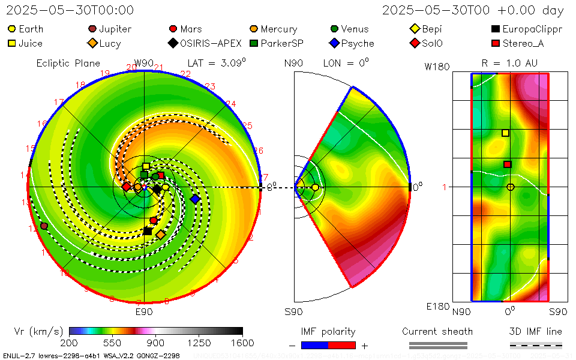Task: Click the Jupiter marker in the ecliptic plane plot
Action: (44, 226)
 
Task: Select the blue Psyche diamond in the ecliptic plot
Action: (194, 199)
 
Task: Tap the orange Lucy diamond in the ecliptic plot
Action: (161, 235)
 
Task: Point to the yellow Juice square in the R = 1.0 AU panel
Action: (505, 133)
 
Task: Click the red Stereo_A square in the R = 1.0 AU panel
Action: (507, 164)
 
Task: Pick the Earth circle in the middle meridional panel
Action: (315, 188)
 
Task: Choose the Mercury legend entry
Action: (273, 29)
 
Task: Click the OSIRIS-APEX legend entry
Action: (205, 43)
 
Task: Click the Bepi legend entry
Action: (426, 29)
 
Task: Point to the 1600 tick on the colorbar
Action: (242, 343)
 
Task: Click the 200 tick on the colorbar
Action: (70, 343)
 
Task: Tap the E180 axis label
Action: (437, 307)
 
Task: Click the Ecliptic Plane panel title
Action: (68, 63)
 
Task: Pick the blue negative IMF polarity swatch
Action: (314, 345)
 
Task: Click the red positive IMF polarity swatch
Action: (342, 345)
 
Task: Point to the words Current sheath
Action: (437, 331)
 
